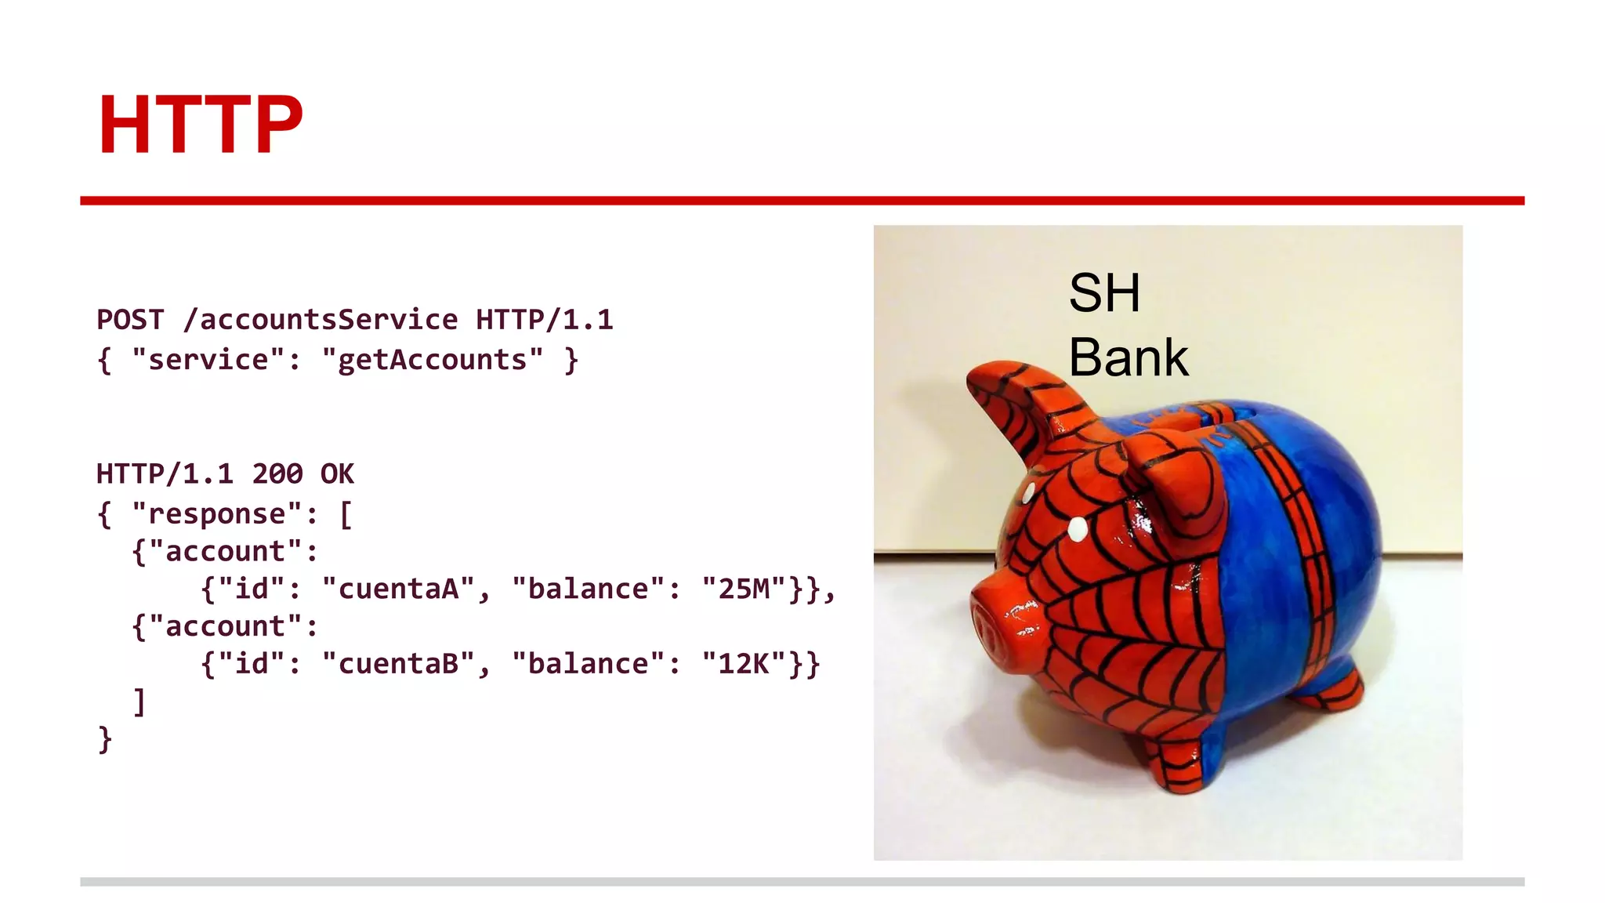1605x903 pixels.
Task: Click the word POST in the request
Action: [130, 320]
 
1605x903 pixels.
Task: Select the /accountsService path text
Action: [321, 320]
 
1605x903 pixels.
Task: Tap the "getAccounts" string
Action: [432, 360]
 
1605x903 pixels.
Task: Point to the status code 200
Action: [277, 474]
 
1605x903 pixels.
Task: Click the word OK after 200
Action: [337, 474]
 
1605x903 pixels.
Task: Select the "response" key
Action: [216, 514]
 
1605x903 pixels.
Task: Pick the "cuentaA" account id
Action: [398, 589]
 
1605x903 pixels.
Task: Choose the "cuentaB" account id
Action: [398, 664]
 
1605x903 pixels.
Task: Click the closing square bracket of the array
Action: [139, 702]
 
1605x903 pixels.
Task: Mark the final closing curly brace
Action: [105, 739]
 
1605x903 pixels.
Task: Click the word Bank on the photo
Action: [1128, 357]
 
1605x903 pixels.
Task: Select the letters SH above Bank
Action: [1104, 293]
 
